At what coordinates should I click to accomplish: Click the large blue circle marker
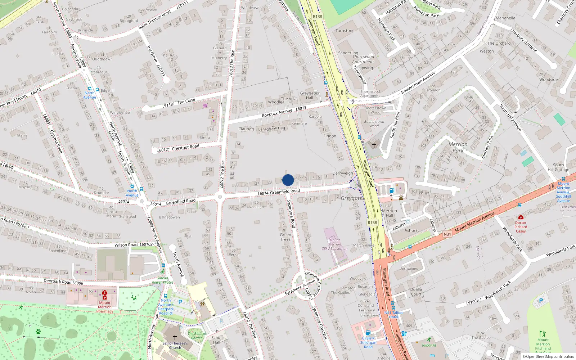pyautogui.click(x=288, y=180)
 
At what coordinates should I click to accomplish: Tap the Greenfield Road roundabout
pyautogui.click(x=220, y=197)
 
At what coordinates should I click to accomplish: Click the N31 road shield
pyautogui.click(x=447, y=234)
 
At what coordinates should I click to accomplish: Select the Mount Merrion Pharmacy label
pyautogui.click(x=105, y=307)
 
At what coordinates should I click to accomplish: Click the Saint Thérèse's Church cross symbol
pyautogui.click(x=175, y=337)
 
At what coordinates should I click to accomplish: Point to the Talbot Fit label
pyautogui.click(x=429, y=345)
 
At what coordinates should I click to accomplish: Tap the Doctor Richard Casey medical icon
pyautogui.click(x=521, y=217)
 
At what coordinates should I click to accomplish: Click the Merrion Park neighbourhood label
pyautogui.click(x=458, y=148)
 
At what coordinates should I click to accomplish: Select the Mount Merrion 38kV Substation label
pyautogui.click(x=334, y=244)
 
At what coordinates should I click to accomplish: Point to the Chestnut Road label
pyautogui.click(x=185, y=148)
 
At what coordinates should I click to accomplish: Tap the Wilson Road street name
pyautogui.click(x=126, y=245)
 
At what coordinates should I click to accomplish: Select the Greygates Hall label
pyautogui.click(x=310, y=95)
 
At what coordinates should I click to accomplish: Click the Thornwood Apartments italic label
pyautogui.click(x=363, y=59)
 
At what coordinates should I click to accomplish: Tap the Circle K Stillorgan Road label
pyautogui.click(x=368, y=343)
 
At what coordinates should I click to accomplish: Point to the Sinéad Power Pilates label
pyautogui.click(x=162, y=280)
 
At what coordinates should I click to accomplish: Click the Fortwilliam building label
pyautogui.click(x=409, y=269)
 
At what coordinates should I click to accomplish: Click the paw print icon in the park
pyautogui.click(x=38, y=332)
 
